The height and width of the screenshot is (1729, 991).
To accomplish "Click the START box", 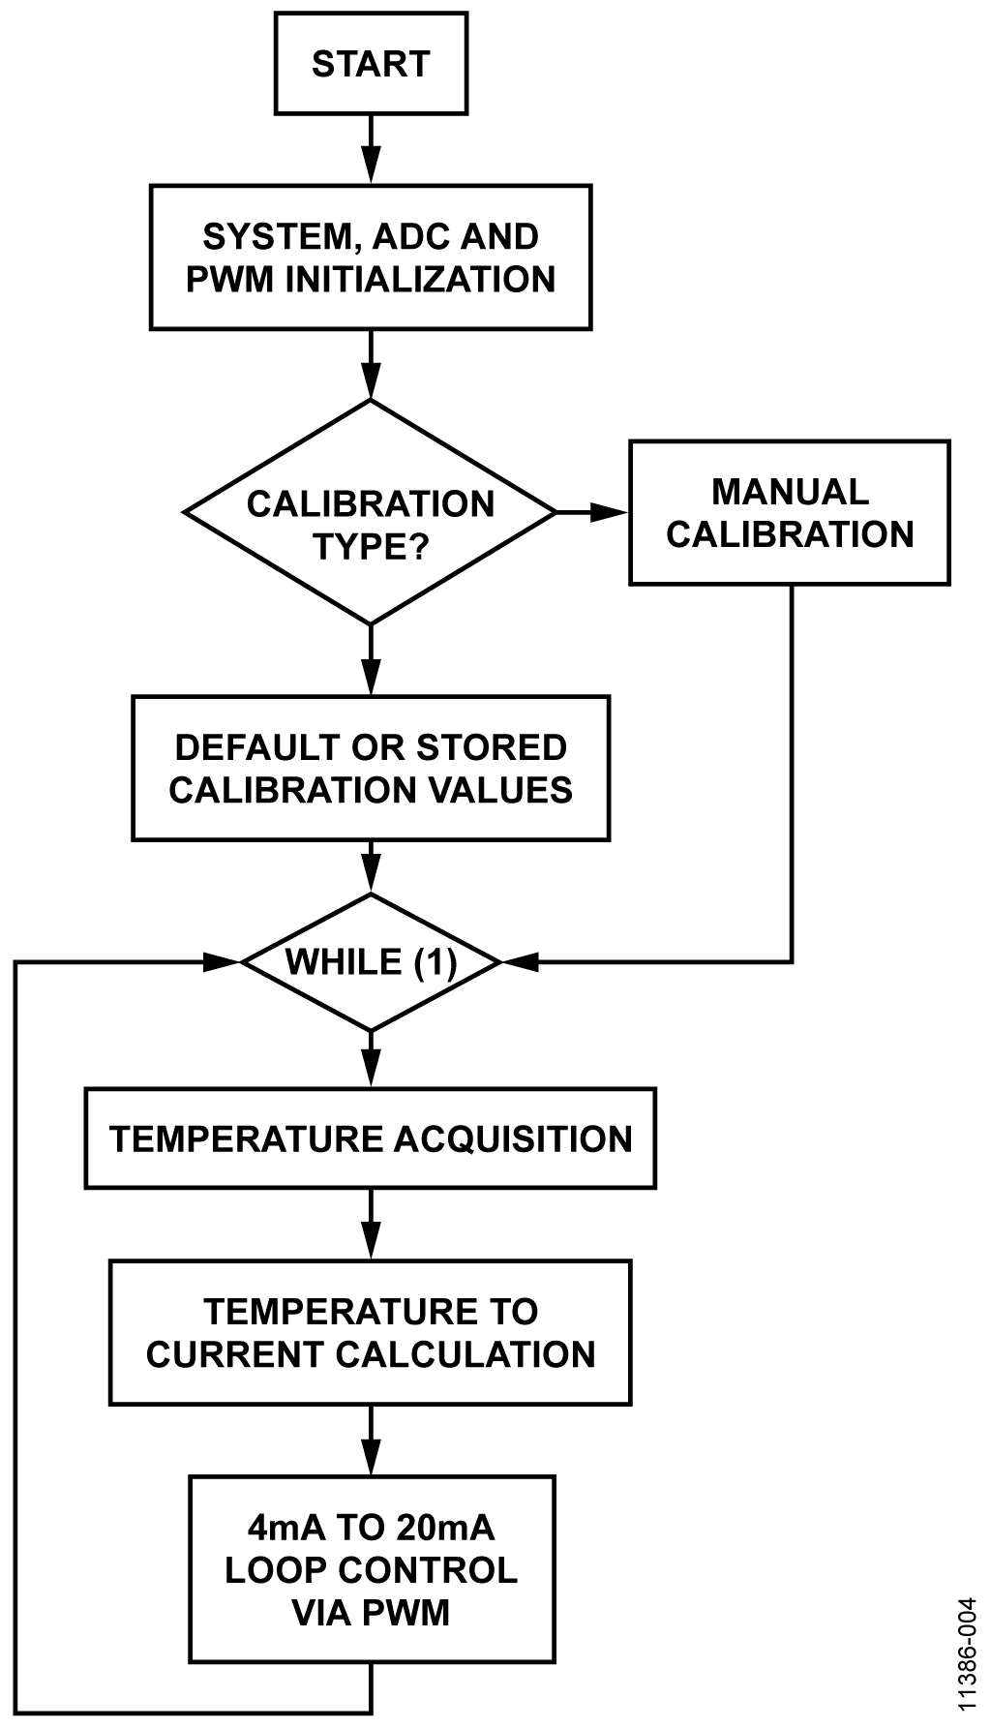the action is coord(371,64).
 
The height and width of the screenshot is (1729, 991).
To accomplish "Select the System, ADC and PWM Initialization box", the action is coord(371,258).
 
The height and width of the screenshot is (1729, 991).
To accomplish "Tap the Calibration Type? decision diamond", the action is coord(371,512).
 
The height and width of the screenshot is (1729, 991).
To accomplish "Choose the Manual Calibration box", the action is coord(790,513).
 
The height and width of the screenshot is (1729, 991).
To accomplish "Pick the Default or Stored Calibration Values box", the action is coord(371,768).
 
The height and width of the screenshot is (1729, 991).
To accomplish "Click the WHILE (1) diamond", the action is coord(371,962).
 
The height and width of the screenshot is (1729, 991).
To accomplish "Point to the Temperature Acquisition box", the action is coord(371,1138).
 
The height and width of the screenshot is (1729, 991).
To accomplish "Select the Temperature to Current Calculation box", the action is coord(371,1332).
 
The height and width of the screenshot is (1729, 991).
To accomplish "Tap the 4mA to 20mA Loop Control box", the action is coord(371,1569).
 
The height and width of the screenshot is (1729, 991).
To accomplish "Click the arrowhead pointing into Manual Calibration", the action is coord(611,512).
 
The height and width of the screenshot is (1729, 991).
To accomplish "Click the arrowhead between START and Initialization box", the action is coord(371,166).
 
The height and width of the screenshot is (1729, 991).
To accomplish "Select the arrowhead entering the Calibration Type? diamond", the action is coord(371,381).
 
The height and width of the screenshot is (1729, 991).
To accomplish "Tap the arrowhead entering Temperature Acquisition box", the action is coord(371,1069).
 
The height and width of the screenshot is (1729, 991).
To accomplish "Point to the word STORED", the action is coord(491,747).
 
